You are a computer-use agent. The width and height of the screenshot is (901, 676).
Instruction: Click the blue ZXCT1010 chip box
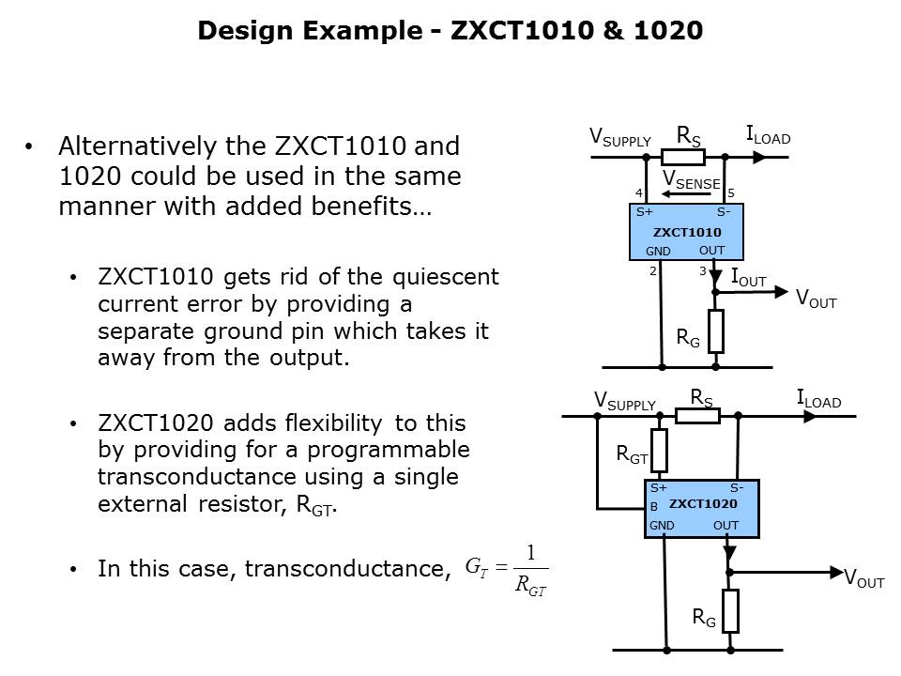pyautogui.click(x=687, y=232)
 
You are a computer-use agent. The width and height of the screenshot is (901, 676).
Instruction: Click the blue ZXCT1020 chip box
pyautogui.click(x=701, y=508)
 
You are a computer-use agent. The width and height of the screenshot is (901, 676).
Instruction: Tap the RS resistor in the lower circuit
pyautogui.click(x=698, y=414)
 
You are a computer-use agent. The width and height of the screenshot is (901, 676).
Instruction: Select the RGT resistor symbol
pyautogui.click(x=659, y=451)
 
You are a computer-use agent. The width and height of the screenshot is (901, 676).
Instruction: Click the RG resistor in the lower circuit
pyautogui.click(x=730, y=611)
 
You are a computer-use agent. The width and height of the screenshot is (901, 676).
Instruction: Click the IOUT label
pyautogui.click(x=749, y=278)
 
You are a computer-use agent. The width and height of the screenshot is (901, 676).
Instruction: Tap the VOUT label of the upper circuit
pyautogui.click(x=816, y=299)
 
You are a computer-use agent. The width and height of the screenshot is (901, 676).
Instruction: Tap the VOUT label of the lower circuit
pyautogui.click(x=864, y=579)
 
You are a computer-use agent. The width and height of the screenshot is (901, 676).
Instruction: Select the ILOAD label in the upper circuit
pyautogui.click(x=768, y=136)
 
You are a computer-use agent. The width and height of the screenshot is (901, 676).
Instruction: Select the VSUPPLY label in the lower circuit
pyautogui.click(x=624, y=402)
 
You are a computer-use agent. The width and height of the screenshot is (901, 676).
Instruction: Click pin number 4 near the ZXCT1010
pyautogui.click(x=638, y=193)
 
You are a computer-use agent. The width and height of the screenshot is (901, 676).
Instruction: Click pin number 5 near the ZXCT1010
pyautogui.click(x=731, y=193)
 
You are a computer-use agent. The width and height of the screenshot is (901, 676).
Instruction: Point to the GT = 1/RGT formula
pyautogui.click(x=507, y=569)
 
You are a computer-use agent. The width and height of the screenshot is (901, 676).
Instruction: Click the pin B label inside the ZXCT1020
pyautogui.click(x=654, y=507)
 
